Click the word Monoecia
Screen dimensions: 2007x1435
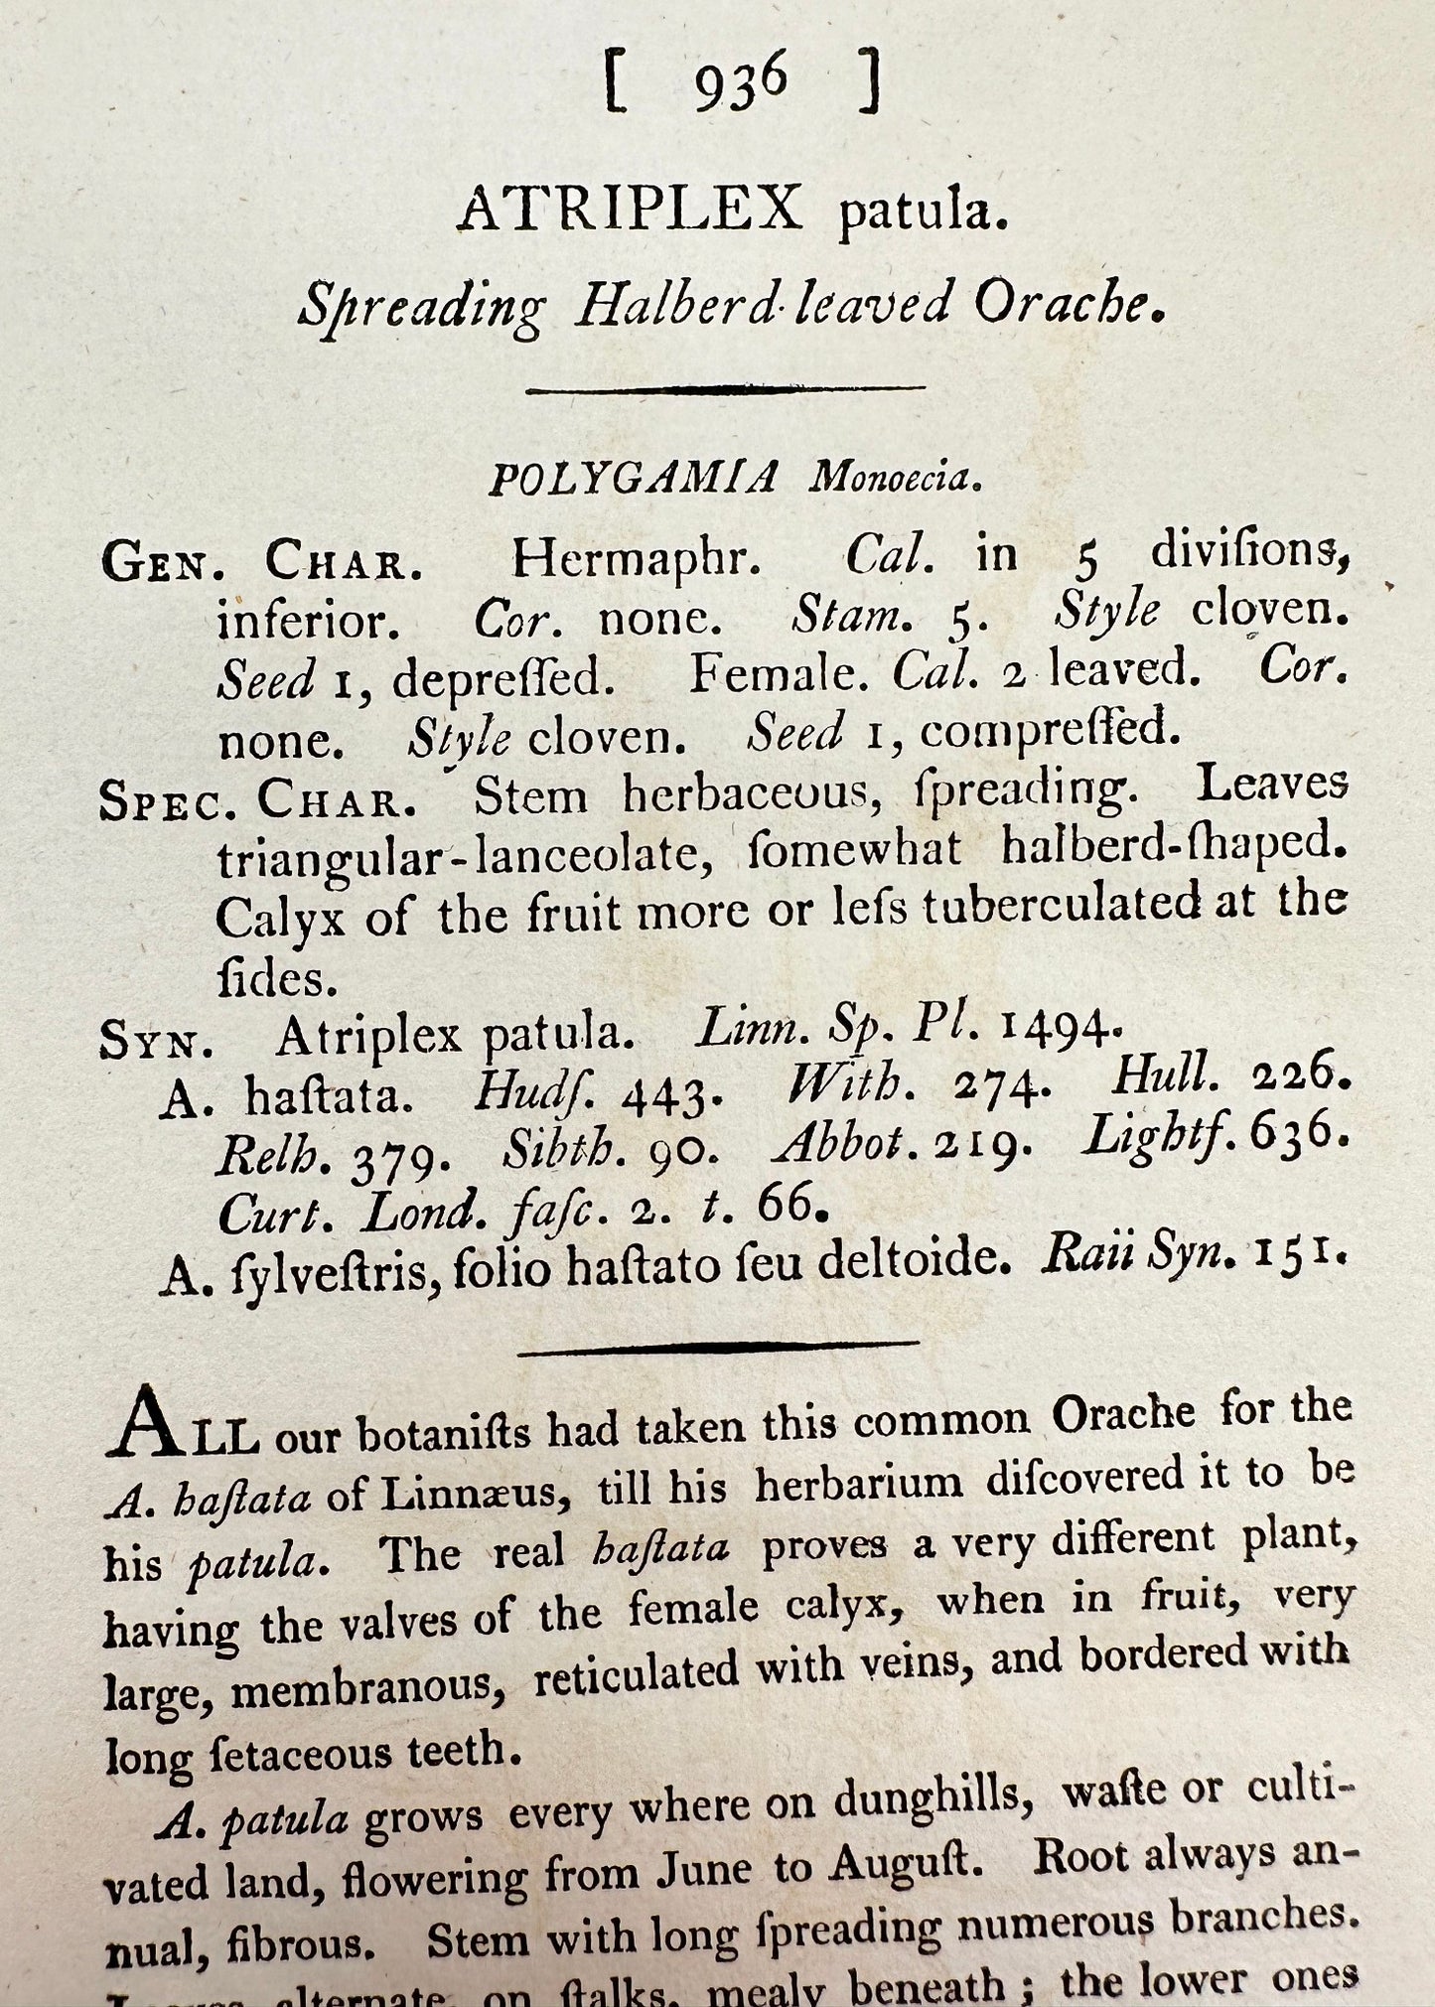pos(895,479)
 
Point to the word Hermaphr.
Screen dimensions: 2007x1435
pos(636,560)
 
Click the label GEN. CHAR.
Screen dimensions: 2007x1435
pos(263,564)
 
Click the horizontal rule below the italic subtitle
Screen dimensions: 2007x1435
pos(725,389)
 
